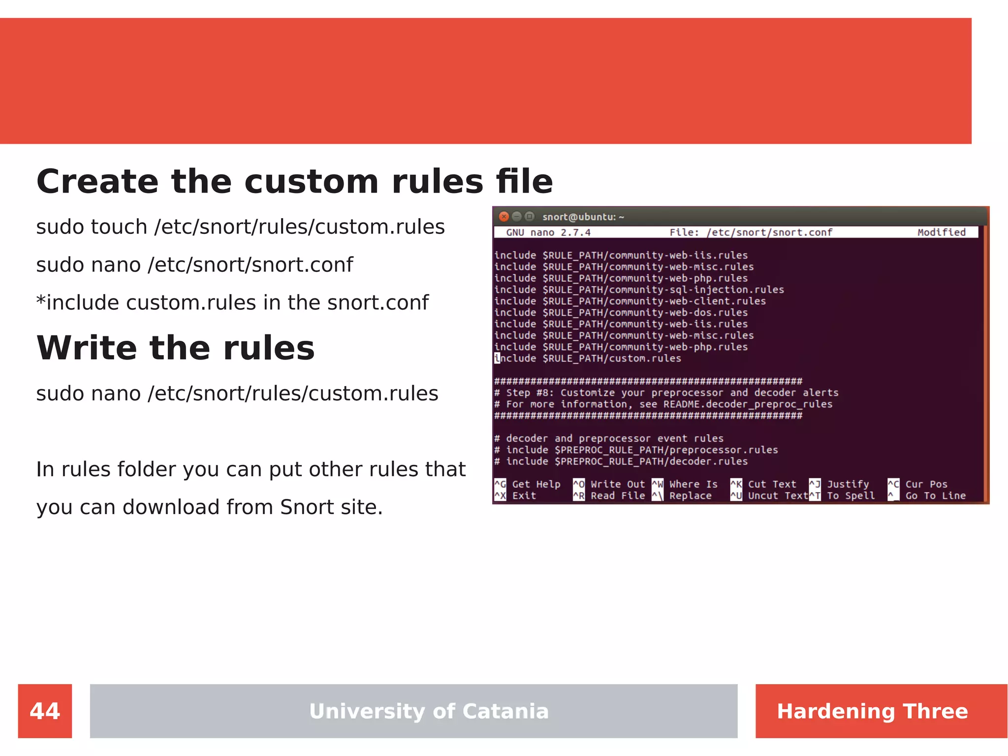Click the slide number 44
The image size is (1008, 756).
(x=45, y=711)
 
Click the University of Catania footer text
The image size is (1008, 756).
(x=429, y=711)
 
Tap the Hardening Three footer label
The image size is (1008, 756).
(x=872, y=711)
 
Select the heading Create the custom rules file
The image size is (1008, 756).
(x=294, y=181)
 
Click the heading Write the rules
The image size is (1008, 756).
(x=175, y=348)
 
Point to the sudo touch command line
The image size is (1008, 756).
(x=240, y=227)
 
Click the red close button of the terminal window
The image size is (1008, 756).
(x=504, y=217)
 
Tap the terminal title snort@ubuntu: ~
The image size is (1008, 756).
(x=583, y=217)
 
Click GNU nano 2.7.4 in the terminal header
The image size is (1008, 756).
(x=548, y=232)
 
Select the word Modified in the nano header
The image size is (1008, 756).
(x=941, y=232)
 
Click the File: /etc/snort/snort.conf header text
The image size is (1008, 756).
(x=751, y=232)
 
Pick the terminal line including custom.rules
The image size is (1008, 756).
(x=588, y=359)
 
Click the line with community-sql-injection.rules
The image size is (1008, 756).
(x=639, y=290)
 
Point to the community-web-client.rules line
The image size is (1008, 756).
(x=630, y=301)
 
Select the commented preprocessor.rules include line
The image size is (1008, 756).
(x=636, y=450)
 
